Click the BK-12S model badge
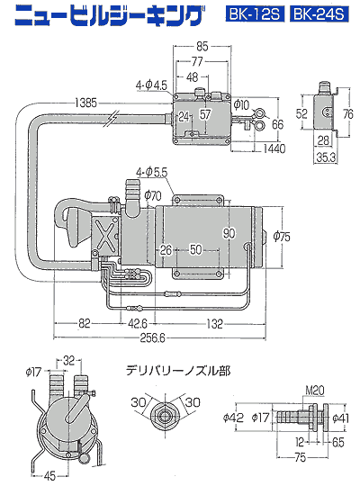[255, 13]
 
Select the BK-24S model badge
[319, 13]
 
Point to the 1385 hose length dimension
[85, 103]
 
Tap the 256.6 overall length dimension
[153, 337]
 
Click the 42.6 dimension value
[138, 324]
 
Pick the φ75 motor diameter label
[282, 237]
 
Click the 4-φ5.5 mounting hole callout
[151, 172]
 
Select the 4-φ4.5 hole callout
[151, 85]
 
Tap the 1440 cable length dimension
[274, 148]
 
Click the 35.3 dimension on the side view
[326, 157]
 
